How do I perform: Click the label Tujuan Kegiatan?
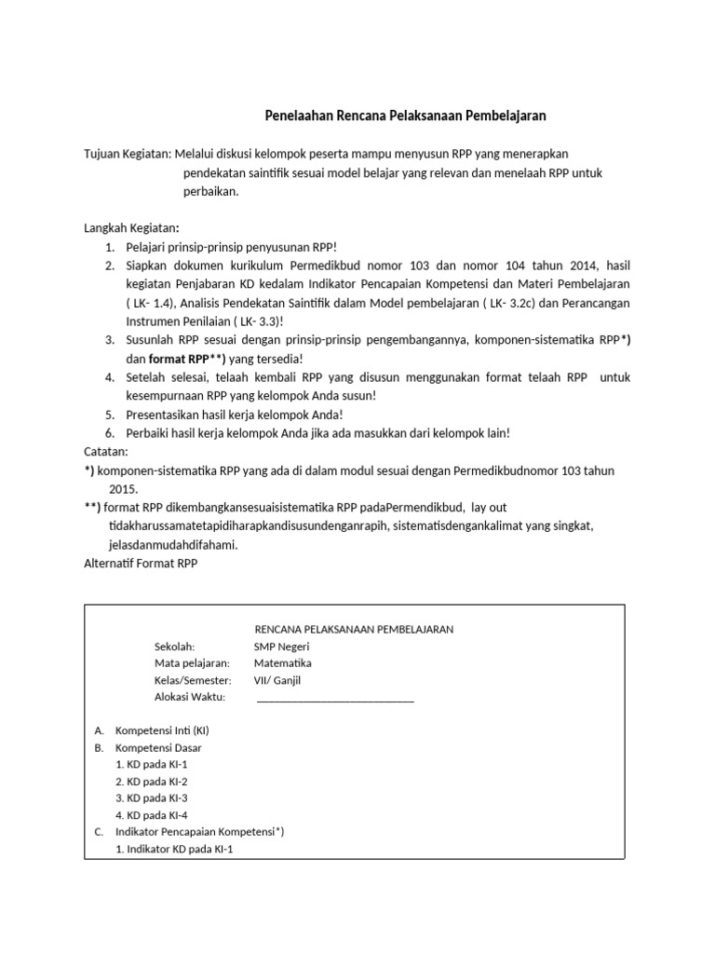[x=127, y=152]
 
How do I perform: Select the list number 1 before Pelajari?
[x=109, y=247]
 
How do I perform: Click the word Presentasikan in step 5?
[x=169, y=415]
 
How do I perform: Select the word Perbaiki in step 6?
[x=148, y=433]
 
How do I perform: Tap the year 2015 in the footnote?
[x=123, y=489]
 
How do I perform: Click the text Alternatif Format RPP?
[x=141, y=564]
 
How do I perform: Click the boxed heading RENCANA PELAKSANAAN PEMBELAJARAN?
[x=354, y=629]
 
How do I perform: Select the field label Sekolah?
[x=174, y=647]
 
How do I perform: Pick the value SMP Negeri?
[x=281, y=647]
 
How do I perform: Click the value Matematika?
[x=283, y=663]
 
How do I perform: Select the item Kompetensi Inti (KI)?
[x=162, y=730]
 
